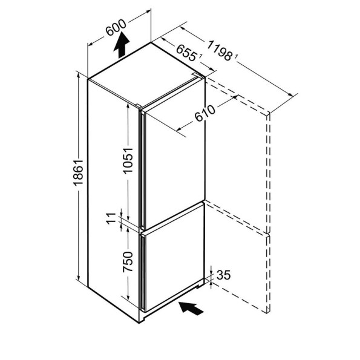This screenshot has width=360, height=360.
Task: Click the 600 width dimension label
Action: tap(116, 27)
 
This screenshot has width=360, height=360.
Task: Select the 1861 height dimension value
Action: tap(78, 172)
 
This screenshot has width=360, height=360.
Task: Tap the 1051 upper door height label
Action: tap(128, 160)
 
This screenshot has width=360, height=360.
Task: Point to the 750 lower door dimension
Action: tap(128, 262)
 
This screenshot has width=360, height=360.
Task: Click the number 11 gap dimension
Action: tap(111, 218)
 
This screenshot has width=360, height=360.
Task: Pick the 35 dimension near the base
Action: tap(223, 275)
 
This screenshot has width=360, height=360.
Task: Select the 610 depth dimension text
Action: tap(205, 113)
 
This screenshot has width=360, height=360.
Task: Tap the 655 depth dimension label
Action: tap(186, 53)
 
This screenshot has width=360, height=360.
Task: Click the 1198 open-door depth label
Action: tap(219, 51)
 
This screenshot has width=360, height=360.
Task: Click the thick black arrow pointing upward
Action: tap(122, 45)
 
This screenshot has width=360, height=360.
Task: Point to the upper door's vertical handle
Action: tap(143, 169)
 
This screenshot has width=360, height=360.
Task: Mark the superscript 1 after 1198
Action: tap(235, 56)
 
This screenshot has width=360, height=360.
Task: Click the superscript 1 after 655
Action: tap(200, 56)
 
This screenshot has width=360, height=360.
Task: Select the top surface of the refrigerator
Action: tap(147, 74)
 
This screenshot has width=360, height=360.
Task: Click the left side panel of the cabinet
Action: tap(113, 200)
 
